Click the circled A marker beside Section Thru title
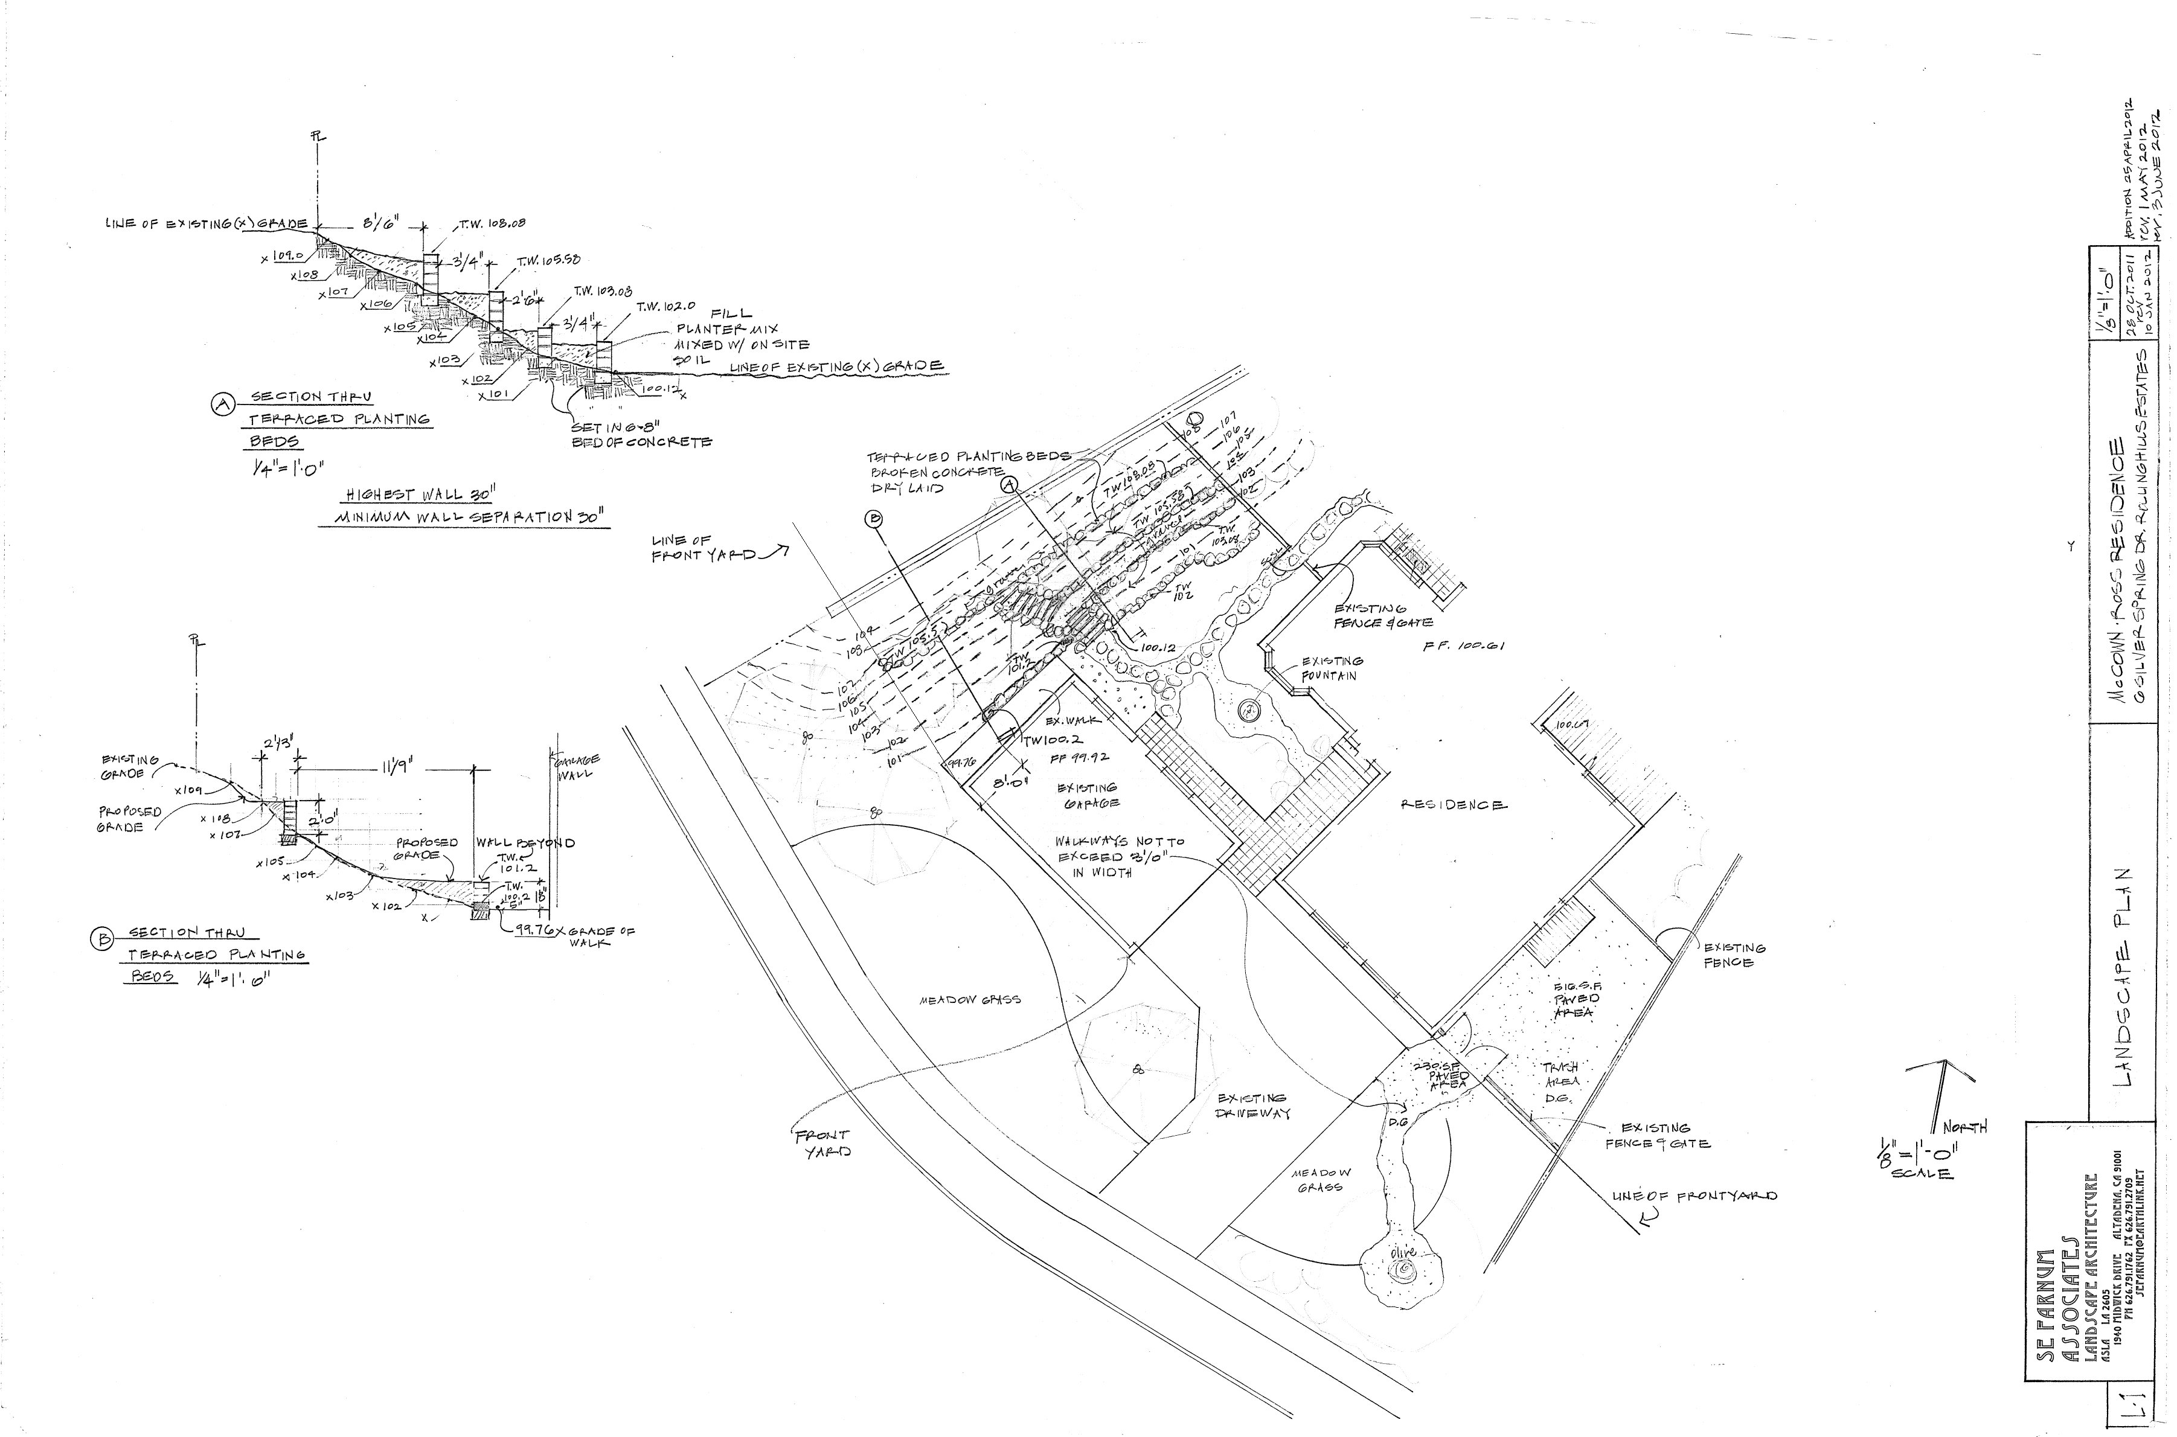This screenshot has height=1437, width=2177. pos(221,404)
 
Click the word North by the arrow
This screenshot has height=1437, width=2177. pos(1967,1127)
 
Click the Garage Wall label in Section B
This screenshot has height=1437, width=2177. pos(577,766)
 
